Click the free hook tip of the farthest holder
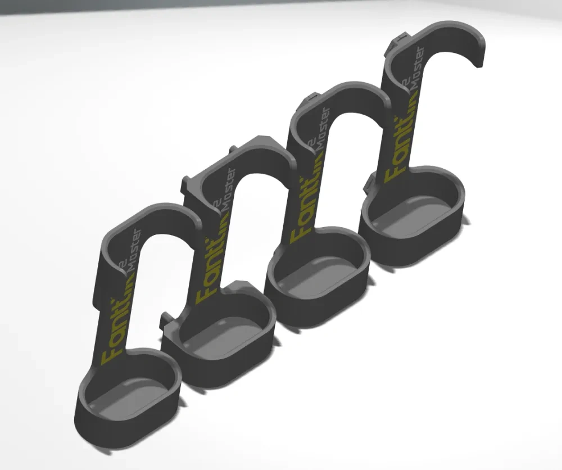478,56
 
